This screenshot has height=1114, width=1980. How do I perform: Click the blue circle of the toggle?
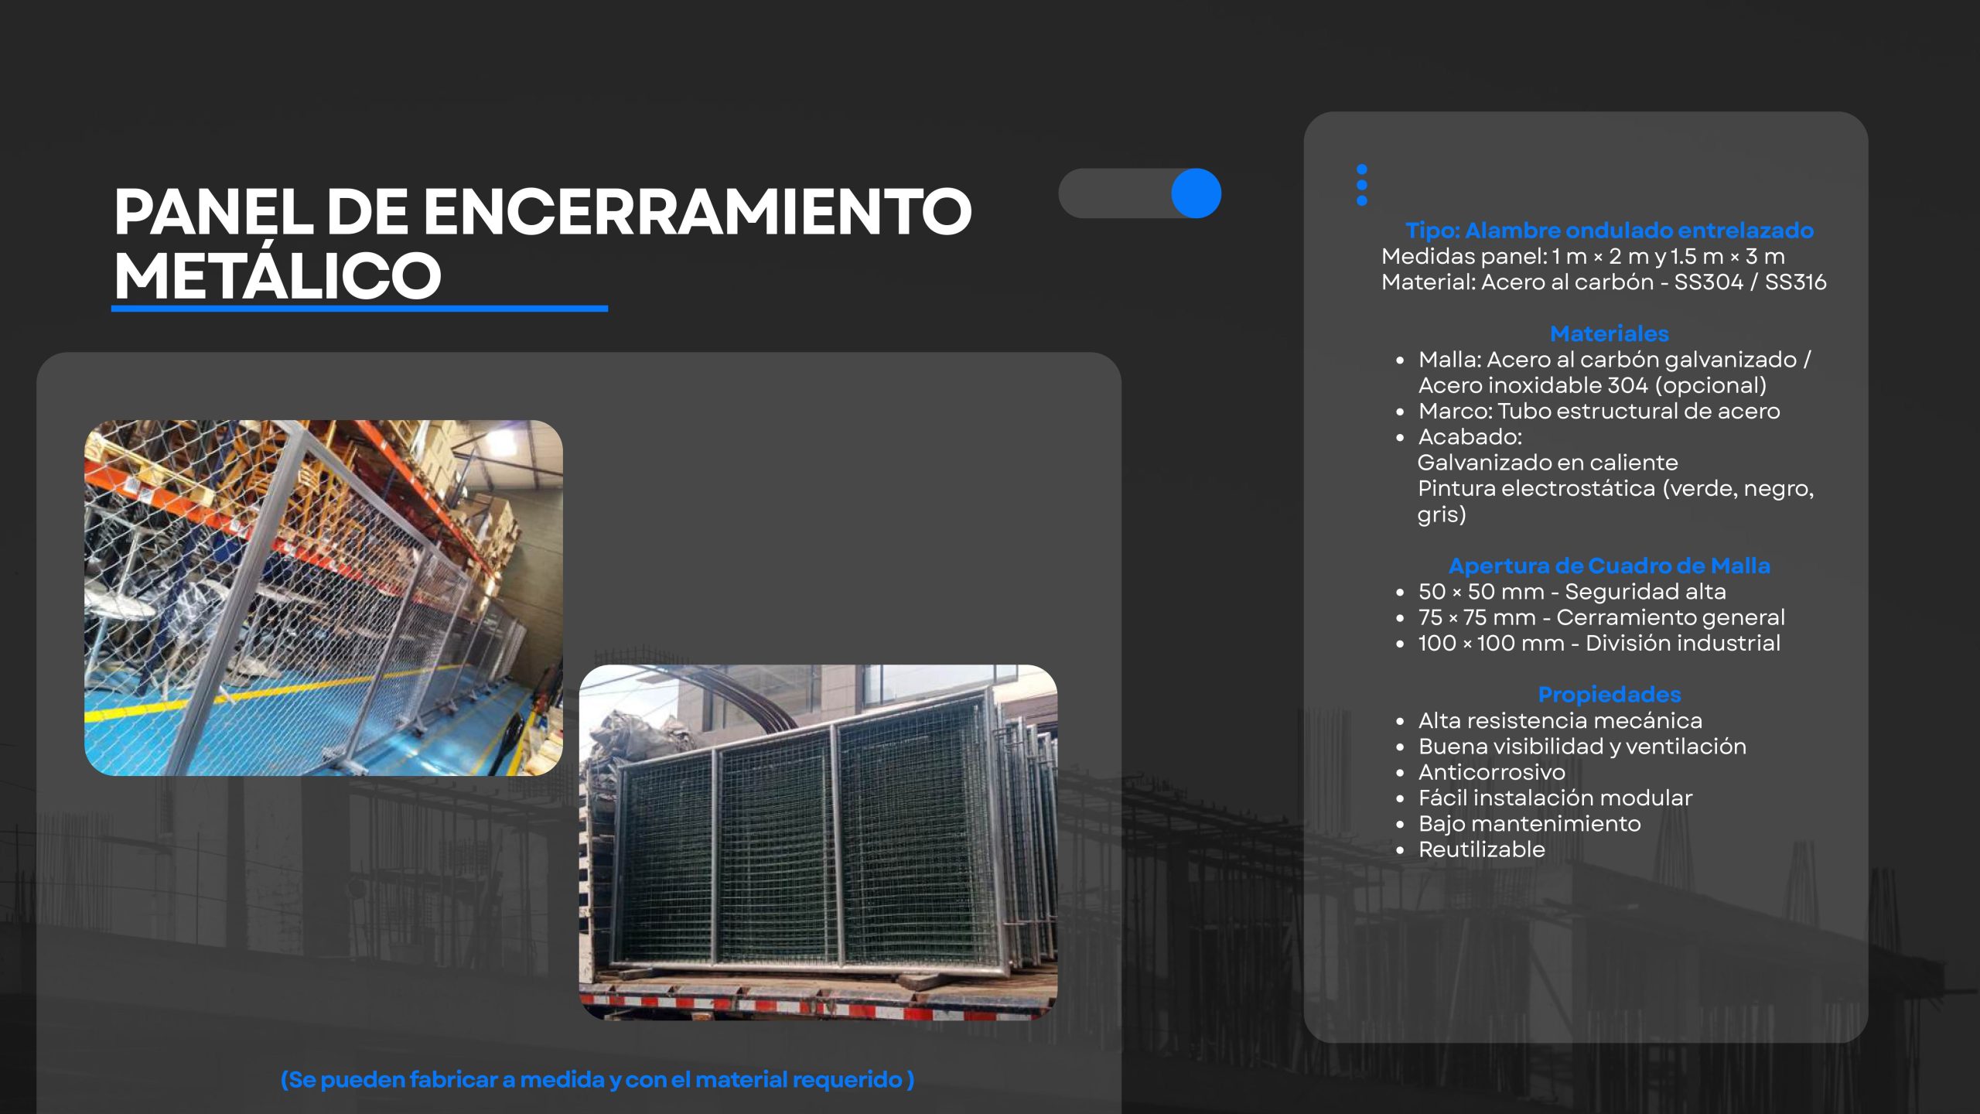(x=1196, y=193)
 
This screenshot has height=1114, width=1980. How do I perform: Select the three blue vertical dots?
(x=1362, y=185)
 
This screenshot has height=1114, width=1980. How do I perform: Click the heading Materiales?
(x=1610, y=333)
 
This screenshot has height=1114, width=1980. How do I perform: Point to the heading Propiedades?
(x=1610, y=695)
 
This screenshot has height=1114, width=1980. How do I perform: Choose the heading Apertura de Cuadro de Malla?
(x=1610, y=566)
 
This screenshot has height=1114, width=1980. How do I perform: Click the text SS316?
(x=1795, y=282)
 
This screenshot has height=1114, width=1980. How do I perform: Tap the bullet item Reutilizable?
(x=1481, y=849)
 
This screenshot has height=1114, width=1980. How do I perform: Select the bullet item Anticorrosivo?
(x=1491, y=772)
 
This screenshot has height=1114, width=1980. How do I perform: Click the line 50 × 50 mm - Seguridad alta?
(x=1572, y=592)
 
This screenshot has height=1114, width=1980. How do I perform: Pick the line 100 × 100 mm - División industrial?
(x=1599, y=643)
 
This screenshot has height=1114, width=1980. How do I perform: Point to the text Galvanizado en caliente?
(x=1548, y=463)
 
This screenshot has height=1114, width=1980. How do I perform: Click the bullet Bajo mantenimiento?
(x=1529, y=824)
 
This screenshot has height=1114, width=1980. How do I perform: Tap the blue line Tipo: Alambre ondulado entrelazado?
(x=1610, y=231)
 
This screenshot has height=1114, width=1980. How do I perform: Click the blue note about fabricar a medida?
(x=597, y=1079)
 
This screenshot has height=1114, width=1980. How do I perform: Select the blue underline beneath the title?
(x=360, y=309)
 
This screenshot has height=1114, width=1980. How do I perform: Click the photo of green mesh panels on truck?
(x=818, y=842)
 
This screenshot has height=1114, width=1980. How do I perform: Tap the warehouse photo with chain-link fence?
(x=323, y=598)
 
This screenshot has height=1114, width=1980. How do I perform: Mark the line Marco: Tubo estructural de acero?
(x=1599, y=411)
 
